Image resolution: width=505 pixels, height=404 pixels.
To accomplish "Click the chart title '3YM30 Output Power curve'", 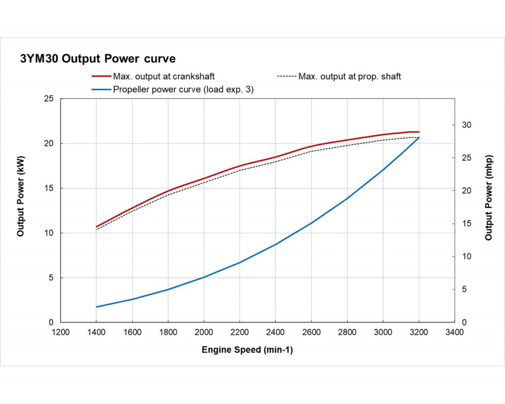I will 97,59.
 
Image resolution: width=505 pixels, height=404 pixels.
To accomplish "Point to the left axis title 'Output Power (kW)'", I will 21,196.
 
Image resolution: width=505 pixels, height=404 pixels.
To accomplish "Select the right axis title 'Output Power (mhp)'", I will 488,198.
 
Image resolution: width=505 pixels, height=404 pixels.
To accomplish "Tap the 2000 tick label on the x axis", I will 204,332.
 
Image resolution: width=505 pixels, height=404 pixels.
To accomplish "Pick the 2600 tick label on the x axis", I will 311,332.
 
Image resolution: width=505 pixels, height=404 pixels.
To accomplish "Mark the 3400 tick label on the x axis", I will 454,332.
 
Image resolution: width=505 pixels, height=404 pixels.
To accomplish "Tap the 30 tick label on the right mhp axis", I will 467,125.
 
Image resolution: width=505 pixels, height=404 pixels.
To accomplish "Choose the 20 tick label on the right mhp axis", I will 467,191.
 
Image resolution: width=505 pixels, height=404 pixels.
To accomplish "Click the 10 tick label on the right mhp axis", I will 467,257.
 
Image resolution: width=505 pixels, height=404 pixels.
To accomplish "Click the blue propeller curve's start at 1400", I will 96,307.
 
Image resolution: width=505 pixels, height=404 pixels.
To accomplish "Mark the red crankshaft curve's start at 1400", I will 96,227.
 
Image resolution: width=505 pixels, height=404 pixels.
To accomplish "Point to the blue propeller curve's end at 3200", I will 419,138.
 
